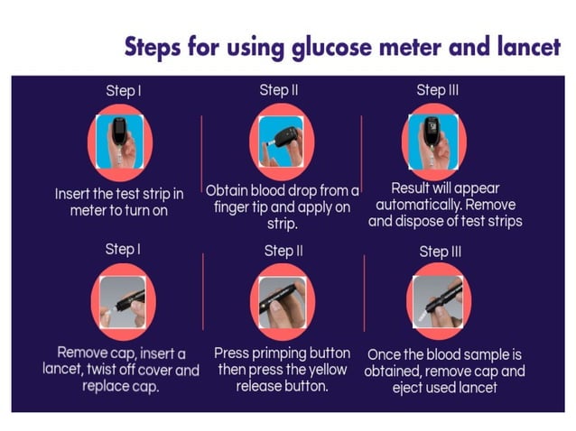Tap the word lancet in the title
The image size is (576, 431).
click(x=523, y=47)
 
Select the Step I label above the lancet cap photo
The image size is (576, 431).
click(x=120, y=250)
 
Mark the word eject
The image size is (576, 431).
click(x=414, y=387)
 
